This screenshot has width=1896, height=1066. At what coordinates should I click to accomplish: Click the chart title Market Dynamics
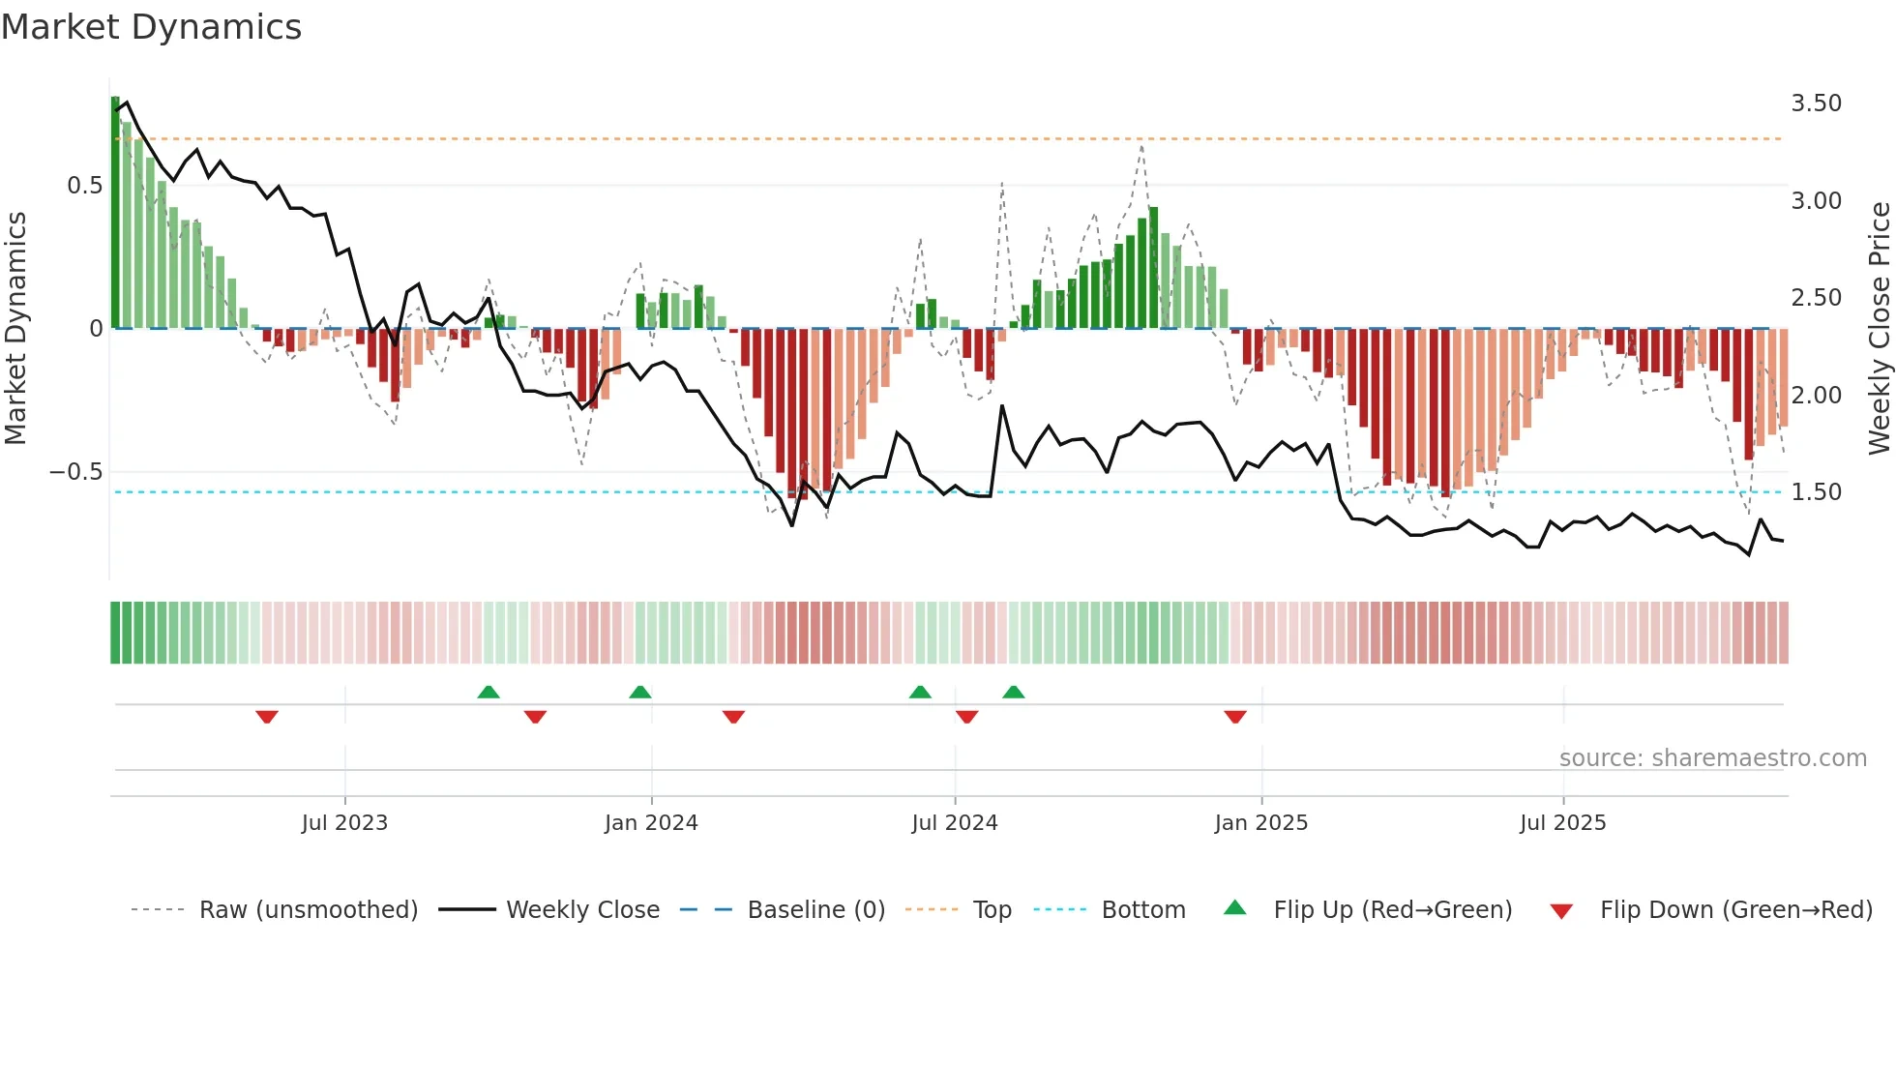pos(151,27)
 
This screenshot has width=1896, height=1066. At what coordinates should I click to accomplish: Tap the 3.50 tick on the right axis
pos(1816,104)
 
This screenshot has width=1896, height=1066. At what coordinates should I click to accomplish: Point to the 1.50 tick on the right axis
pos(1816,492)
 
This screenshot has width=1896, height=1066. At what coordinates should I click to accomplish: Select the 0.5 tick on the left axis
pos(84,186)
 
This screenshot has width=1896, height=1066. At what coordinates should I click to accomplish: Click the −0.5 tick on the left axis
pos(75,472)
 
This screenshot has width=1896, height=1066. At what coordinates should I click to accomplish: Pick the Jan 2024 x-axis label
pos(651,823)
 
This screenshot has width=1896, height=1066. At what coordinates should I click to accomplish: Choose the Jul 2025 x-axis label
pos(1562,823)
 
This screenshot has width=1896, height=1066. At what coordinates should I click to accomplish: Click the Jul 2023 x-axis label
pos(344,823)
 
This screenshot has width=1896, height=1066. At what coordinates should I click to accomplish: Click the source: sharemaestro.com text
pos(1712,758)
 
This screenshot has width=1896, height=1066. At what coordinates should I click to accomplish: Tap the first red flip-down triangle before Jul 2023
pos(267,717)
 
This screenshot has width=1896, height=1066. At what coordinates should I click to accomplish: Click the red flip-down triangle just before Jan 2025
pos(1235,717)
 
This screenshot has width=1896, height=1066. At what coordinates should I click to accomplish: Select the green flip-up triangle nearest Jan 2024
pos(640,692)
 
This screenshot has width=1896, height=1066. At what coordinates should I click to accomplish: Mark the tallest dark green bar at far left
pos(115,213)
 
